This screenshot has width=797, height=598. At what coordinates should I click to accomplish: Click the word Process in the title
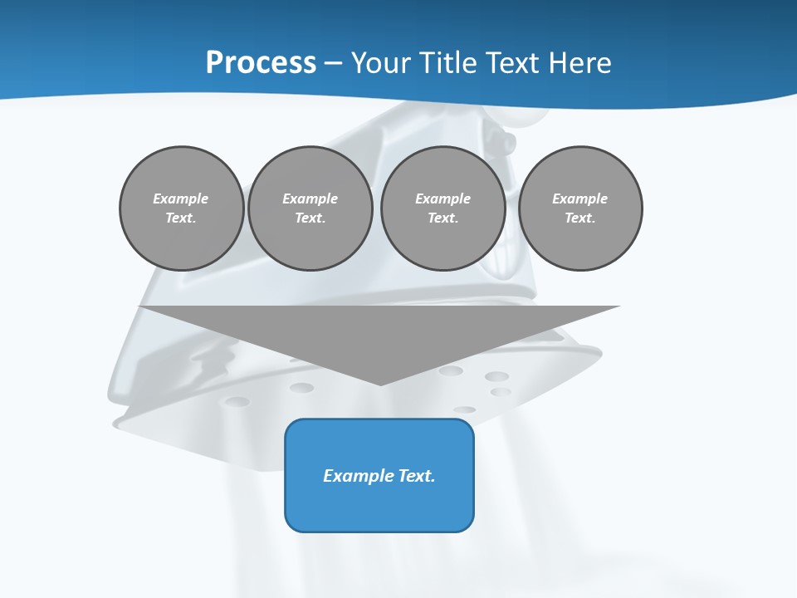pyautogui.click(x=261, y=63)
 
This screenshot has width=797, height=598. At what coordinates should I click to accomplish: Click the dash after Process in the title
pyautogui.click(x=333, y=63)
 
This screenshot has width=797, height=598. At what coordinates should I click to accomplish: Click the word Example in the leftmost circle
pyautogui.click(x=181, y=199)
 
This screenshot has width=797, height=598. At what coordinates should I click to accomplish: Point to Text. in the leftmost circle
pyautogui.click(x=181, y=218)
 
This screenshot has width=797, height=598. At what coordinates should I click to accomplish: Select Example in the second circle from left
pyautogui.click(x=310, y=199)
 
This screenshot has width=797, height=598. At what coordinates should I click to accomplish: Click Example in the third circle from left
pyautogui.click(x=443, y=199)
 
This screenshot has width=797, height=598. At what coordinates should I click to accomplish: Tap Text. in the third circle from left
pyautogui.click(x=443, y=218)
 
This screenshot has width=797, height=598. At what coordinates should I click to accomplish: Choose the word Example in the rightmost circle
pyautogui.click(x=579, y=199)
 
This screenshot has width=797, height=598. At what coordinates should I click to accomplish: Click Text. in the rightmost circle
pyautogui.click(x=579, y=218)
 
